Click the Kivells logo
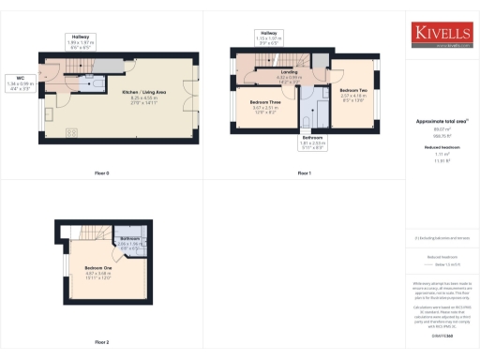[442, 35]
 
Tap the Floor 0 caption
[101, 173]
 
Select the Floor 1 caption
[304, 173]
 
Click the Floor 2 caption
[101, 342]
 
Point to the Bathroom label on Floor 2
[128, 241]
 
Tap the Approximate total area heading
[442, 123]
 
